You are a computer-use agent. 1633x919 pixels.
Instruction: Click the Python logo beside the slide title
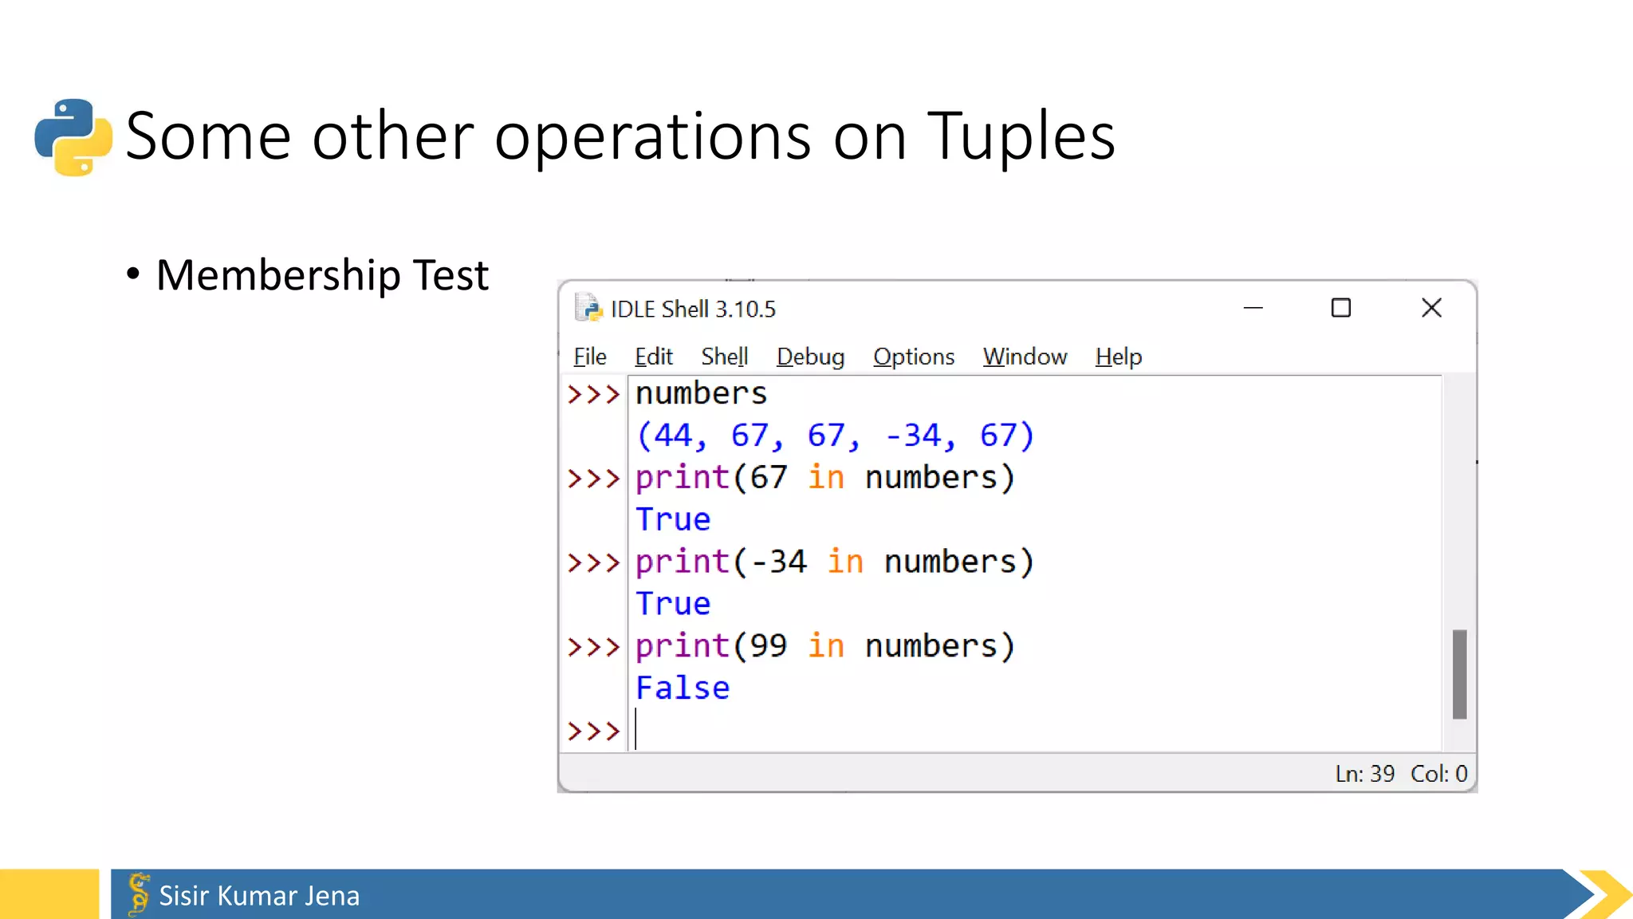pyautogui.click(x=73, y=136)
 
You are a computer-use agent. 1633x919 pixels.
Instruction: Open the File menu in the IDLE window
pyautogui.click(x=589, y=357)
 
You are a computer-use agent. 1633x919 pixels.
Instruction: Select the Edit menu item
pyautogui.click(x=653, y=357)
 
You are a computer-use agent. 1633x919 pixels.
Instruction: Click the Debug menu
pyautogui.click(x=810, y=357)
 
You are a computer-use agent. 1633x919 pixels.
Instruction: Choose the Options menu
pyautogui.click(x=913, y=357)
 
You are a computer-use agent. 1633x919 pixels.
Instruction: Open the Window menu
pyautogui.click(x=1025, y=357)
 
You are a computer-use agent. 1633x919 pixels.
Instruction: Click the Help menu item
pyautogui.click(x=1118, y=357)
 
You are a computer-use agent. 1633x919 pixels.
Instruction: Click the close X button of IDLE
pyautogui.click(x=1431, y=308)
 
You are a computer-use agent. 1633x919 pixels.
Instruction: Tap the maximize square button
pyautogui.click(x=1341, y=308)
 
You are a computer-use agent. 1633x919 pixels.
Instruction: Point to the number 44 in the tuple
pyautogui.click(x=673, y=436)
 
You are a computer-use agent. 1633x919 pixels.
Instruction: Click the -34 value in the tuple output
pyautogui.click(x=913, y=436)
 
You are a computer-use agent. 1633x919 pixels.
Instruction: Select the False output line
pyautogui.click(x=683, y=688)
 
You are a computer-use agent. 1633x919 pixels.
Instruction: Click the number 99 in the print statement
pyautogui.click(x=768, y=646)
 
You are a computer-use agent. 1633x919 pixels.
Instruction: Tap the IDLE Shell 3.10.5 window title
pyautogui.click(x=692, y=310)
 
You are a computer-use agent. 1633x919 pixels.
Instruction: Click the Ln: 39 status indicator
pyautogui.click(x=1365, y=774)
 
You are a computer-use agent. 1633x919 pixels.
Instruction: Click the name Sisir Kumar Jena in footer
pyautogui.click(x=259, y=896)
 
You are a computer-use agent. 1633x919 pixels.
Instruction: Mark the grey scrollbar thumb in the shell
pyautogui.click(x=1459, y=674)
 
